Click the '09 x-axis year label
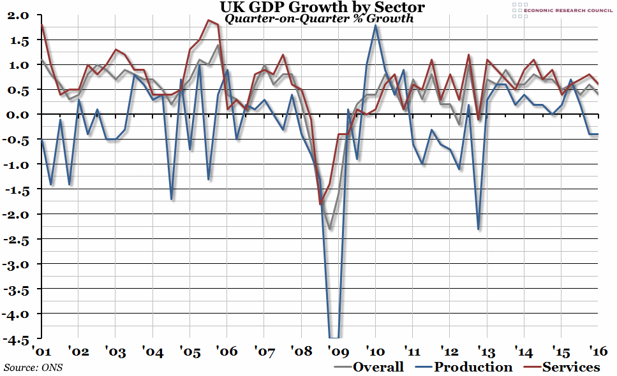tap(338, 351)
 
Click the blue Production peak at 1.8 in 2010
tap(376, 25)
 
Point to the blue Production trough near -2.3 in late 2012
tap(478, 229)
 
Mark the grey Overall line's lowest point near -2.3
tap(329, 229)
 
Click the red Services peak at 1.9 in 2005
tap(209, 20)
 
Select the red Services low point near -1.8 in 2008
tap(320, 204)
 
